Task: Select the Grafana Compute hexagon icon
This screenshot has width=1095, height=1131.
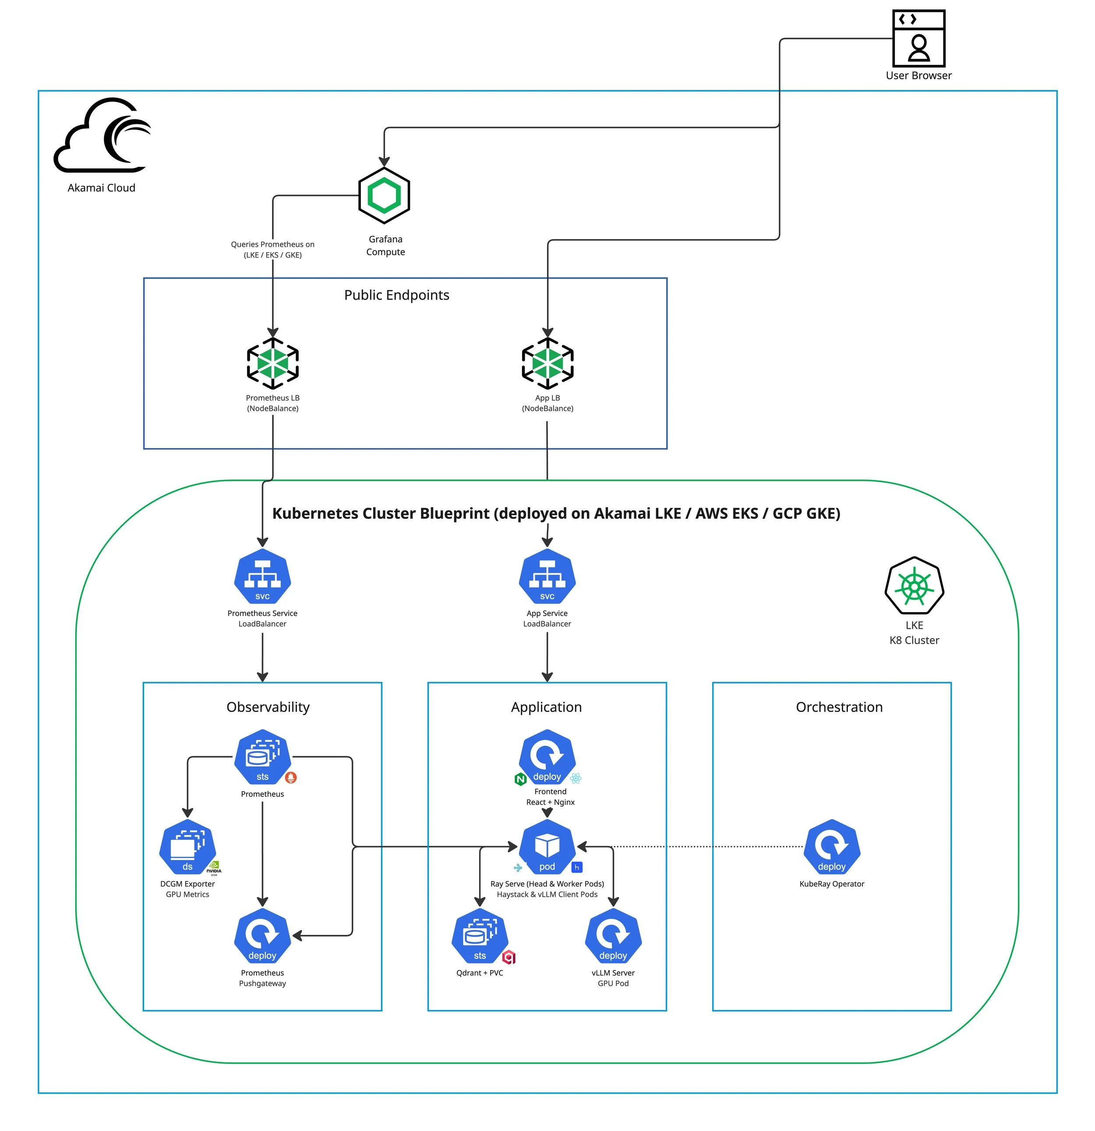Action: pyautogui.click(x=384, y=196)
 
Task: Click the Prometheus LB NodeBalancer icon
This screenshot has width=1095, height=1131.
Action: pyautogui.click(x=272, y=363)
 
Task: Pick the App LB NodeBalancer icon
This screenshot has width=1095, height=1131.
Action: pyautogui.click(x=547, y=363)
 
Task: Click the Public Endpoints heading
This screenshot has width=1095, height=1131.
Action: pyautogui.click(x=396, y=295)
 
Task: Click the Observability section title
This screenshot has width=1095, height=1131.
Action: pyautogui.click(x=268, y=707)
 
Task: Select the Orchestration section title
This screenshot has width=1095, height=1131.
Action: pyautogui.click(x=839, y=707)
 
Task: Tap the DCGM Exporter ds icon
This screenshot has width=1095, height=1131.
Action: pyautogui.click(x=187, y=846)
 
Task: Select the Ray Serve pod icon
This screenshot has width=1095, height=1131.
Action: pyautogui.click(x=547, y=846)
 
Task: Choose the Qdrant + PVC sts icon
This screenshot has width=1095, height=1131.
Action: pyautogui.click(x=480, y=935)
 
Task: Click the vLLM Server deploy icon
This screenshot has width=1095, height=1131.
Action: pyautogui.click(x=613, y=935)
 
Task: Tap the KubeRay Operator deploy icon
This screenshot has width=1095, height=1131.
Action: pyautogui.click(x=831, y=846)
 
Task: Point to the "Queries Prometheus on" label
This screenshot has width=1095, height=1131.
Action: pyautogui.click(x=272, y=244)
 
